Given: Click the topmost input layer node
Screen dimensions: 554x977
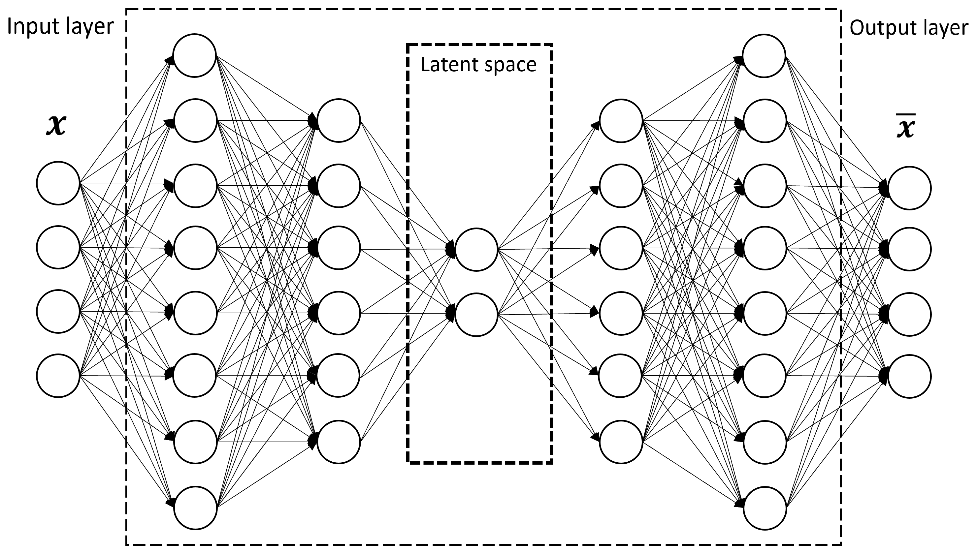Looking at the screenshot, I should point(58,183).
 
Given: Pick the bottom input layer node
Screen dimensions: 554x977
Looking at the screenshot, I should point(58,376).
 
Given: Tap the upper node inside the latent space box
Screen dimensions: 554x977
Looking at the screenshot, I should point(476,250).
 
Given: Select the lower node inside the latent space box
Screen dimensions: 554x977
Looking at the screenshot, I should point(476,314).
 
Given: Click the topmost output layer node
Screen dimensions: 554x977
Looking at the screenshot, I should point(910,188).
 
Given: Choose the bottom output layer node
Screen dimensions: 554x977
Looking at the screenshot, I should point(910,376).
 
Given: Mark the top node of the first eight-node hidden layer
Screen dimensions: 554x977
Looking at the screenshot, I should point(195,55).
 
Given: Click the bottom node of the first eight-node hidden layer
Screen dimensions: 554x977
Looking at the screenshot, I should point(195,508).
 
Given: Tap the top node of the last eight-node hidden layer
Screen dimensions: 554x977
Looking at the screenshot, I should point(764,55).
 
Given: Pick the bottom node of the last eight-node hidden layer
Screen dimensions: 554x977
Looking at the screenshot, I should point(765,508).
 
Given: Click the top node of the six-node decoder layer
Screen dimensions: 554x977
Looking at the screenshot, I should point(621,121).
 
